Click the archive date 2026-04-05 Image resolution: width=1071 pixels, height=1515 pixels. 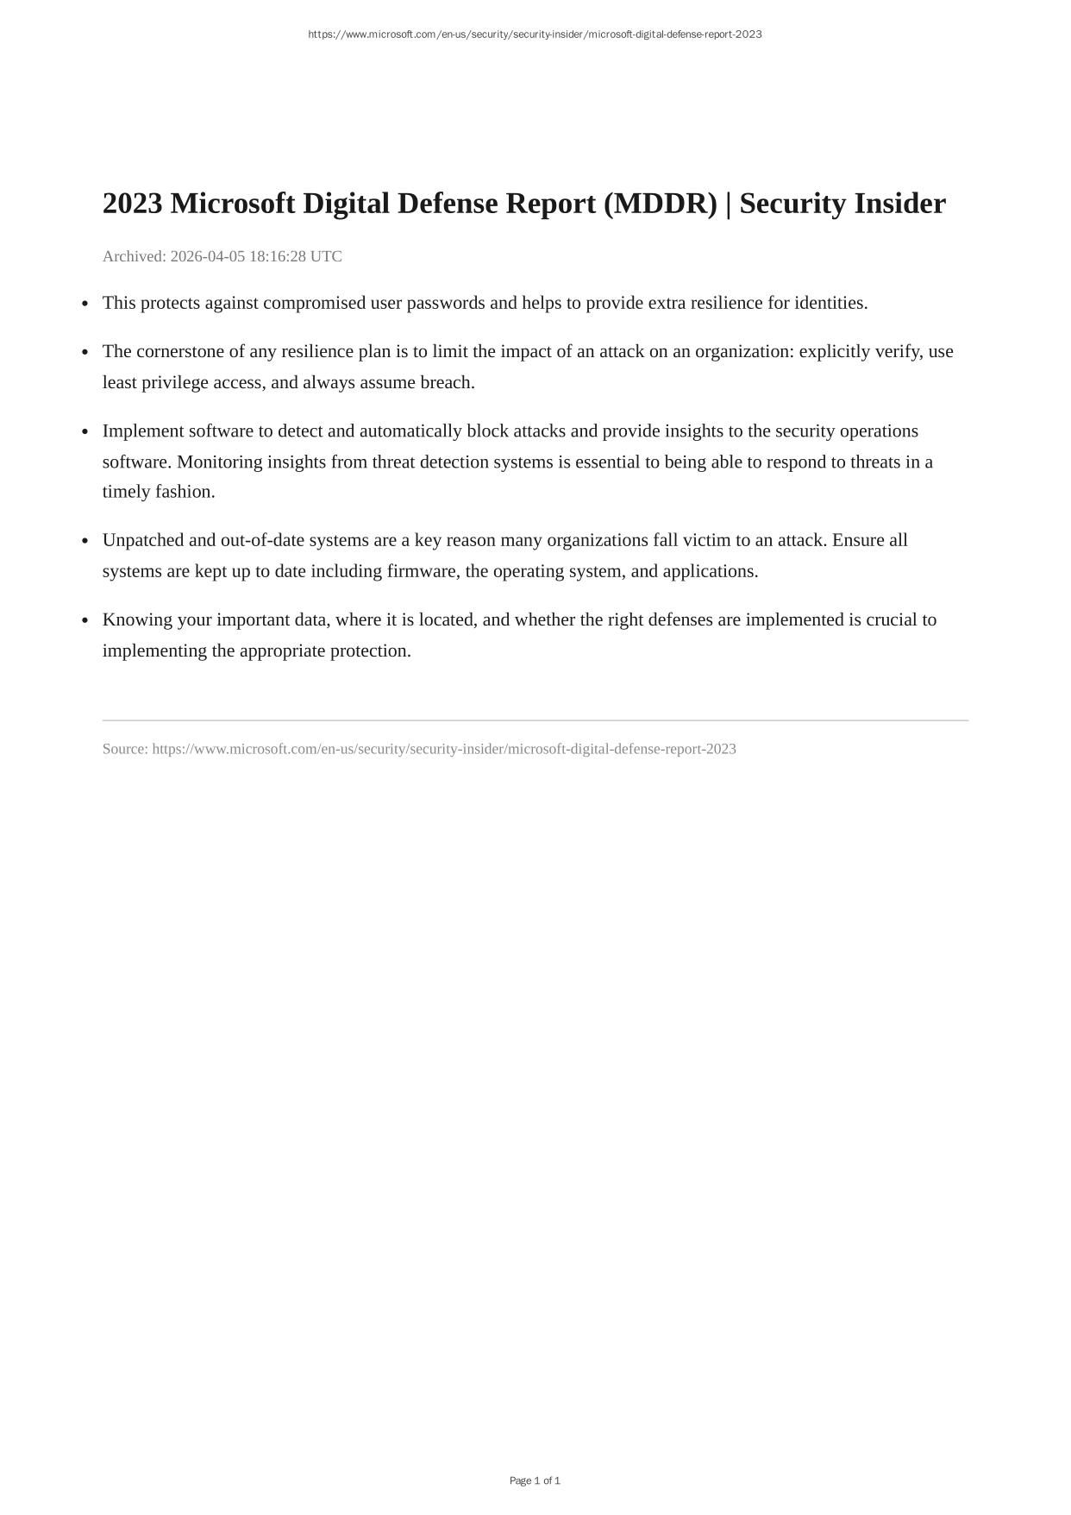208,256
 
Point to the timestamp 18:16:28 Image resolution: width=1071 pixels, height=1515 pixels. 279,256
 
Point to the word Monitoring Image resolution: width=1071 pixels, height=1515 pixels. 219,462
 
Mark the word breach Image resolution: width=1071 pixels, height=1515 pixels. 447,382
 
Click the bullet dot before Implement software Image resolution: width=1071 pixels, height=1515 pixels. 85,431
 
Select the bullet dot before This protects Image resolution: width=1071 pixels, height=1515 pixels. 85,304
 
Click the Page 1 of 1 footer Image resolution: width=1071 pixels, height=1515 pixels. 535,1480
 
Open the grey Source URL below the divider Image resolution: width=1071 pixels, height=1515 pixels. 444,749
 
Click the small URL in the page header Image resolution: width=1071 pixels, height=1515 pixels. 535,35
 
